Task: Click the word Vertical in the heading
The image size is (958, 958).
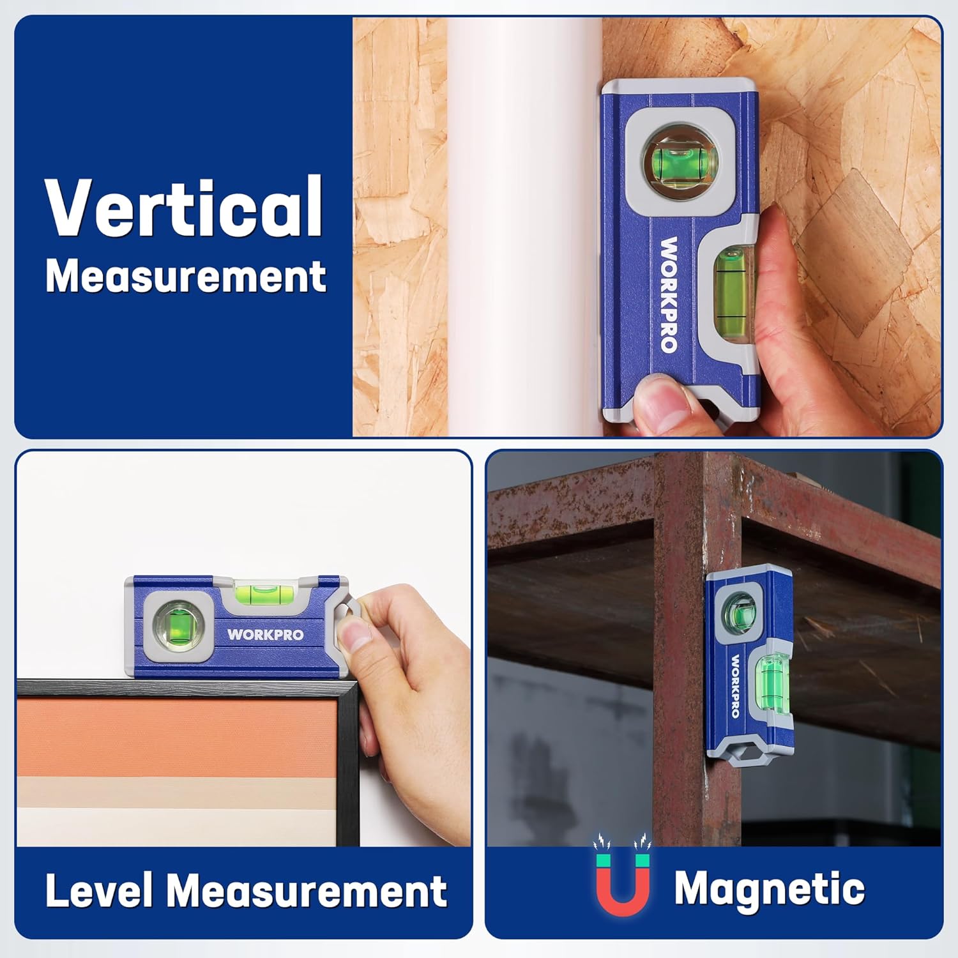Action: [184, 207]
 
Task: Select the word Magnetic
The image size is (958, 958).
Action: [769, 888]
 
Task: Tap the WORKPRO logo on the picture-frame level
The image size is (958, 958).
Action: [265, 635]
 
